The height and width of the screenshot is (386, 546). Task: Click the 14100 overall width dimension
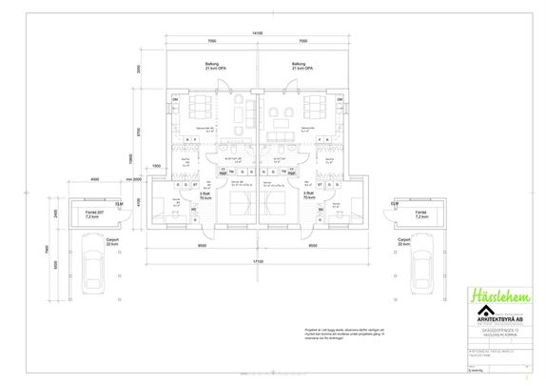click(x=256, y=33)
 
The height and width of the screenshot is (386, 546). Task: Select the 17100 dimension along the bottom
click(x=256, y=258)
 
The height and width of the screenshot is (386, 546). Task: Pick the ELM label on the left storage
click(x=119, y=204)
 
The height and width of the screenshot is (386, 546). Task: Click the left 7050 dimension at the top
click(x=211, y=42)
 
